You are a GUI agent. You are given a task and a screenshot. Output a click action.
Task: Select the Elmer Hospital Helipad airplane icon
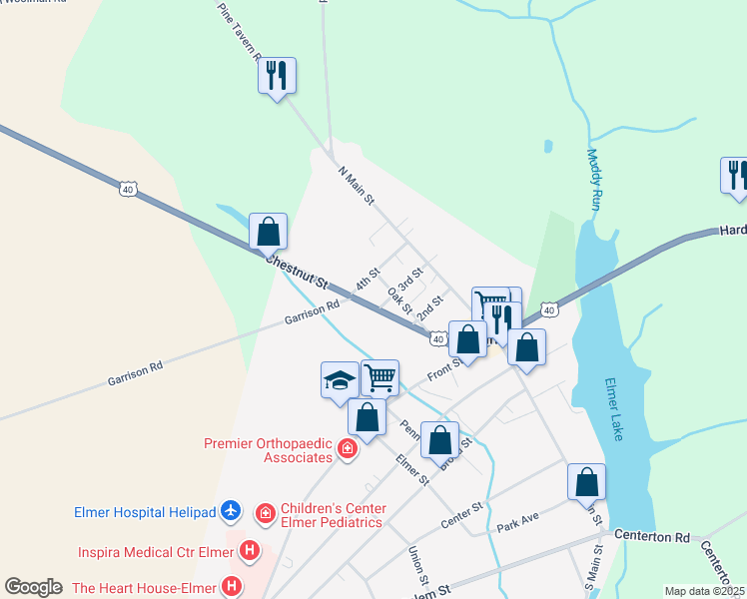pos(232,512)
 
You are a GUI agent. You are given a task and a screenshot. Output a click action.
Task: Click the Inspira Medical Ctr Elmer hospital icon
pos(251,550)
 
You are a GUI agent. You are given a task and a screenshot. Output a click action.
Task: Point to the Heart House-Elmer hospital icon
pos(233,586)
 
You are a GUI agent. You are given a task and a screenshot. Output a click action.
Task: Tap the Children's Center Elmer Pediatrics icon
pos(266,513)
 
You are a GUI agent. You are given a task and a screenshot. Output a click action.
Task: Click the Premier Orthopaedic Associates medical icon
pos(348,449)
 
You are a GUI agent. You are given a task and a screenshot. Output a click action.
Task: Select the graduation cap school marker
pos(340,379)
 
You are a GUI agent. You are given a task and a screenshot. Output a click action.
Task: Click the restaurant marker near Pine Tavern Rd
pos(277,75)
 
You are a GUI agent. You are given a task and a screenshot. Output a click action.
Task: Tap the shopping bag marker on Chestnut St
pos(268,232)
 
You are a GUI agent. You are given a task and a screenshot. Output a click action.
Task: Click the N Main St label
pos(355,186)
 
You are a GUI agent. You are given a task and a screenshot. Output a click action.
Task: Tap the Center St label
pos(462,516)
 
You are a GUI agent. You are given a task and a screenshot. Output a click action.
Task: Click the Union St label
pos(417,566)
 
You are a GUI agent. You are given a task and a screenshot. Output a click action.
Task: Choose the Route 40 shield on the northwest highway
pos(127,188)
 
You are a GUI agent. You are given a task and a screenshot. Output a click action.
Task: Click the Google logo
pos(33,587)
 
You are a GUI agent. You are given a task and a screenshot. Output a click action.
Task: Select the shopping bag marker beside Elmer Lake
pos(586,482)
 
